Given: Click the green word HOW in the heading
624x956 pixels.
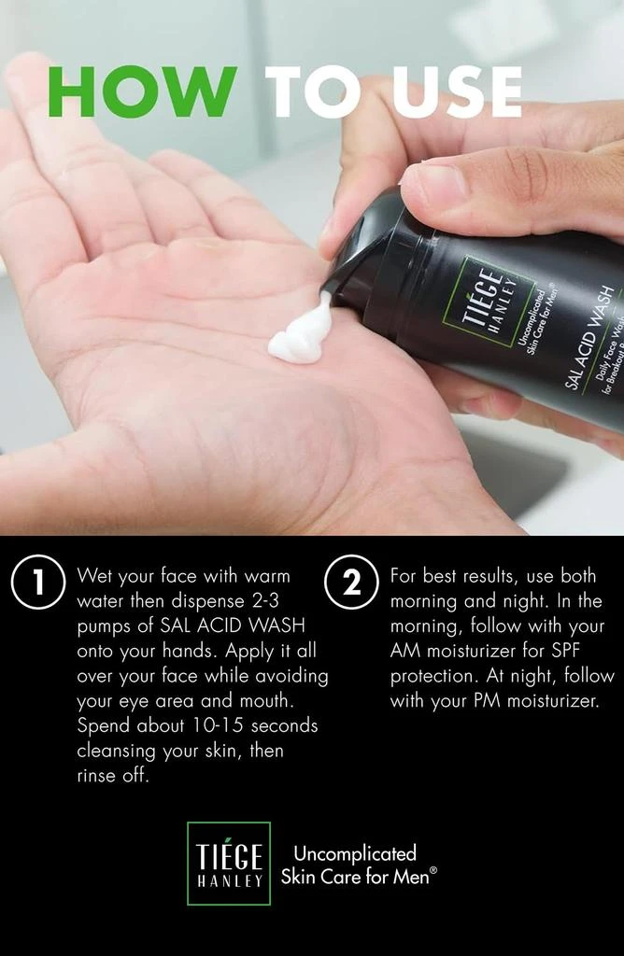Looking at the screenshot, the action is (x=142, y=91).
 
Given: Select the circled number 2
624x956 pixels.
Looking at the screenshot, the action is (x=352, y=582).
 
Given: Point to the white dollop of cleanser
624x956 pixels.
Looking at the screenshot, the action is (x=302, y=332).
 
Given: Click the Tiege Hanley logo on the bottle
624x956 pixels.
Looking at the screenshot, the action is (x=489, y=302).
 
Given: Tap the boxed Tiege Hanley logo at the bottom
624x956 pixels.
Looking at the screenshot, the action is (x=229, y=863).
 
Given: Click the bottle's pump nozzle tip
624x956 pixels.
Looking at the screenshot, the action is (x=326, y=288).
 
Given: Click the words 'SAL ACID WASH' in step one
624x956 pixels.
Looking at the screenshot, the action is (x=232, y=626).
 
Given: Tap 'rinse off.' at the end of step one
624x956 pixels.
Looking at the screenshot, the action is (x=113, y=776).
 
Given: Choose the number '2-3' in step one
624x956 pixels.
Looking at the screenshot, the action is (x=265, y=600).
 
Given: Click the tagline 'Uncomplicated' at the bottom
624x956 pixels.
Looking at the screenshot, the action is (x=355, y=852).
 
